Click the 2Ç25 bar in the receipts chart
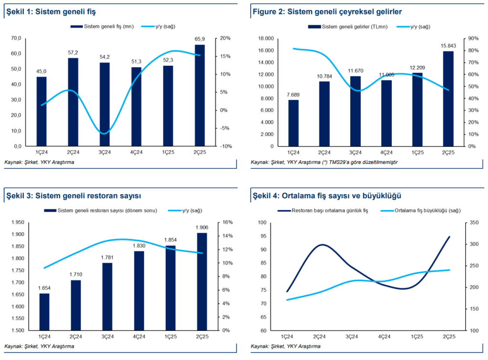pyautogui.click(x=200, y=95)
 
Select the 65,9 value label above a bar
pyautogui.click(x=200, y=38)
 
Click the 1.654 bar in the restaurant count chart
pyautogui.click(x=44, y=312)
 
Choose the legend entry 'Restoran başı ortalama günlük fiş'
pyautogui.click(x=324, y=210)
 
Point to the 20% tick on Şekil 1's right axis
pyautogui.click(x=225, y=39)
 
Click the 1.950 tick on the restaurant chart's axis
pyautogui.click(x=18, y=223)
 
